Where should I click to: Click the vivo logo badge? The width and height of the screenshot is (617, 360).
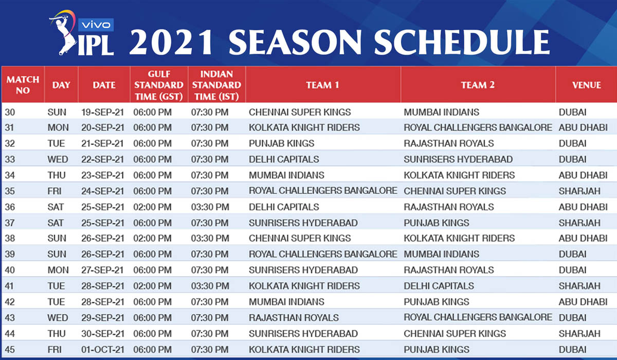click(96, 25)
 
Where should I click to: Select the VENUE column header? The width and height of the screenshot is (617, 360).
click(587, 85)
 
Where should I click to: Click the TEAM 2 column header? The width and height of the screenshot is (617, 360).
click(478, 85)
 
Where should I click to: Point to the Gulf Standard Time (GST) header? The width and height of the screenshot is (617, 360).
click(159, 85)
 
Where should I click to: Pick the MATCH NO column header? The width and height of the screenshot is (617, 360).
click(23, 85)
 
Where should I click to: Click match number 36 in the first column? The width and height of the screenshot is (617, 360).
click(10, 207)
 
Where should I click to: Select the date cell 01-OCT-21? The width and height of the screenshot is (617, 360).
click(102, 350)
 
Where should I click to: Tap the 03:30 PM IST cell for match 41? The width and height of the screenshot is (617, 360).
click(210, 286)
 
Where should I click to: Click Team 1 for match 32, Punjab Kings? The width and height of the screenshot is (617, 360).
click(282, 143)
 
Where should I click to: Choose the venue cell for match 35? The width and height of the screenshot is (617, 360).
click(579, 191)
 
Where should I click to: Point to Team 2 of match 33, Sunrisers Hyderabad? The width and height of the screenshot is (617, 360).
click(458, 159)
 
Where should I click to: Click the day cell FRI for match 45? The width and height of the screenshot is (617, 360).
click(55, 350)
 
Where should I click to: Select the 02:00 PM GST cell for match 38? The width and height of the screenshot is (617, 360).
click(152, 238)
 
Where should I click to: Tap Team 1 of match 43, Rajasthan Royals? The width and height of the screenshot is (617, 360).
click(294, 318)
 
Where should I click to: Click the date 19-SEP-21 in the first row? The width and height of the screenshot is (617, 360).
click(102, 113)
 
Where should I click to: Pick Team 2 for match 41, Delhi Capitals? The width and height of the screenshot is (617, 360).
click(439, 286)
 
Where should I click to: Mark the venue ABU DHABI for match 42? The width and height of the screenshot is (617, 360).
click(583, 302)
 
